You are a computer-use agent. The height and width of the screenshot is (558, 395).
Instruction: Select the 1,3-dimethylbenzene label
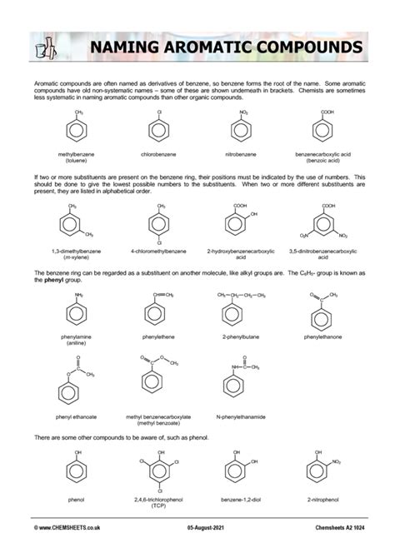76,250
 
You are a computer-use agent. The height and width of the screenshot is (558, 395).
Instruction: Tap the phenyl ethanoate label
76,416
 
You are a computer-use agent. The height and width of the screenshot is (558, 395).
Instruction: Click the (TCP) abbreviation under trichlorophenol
157,506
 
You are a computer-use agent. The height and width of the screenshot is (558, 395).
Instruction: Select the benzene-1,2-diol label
241,501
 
